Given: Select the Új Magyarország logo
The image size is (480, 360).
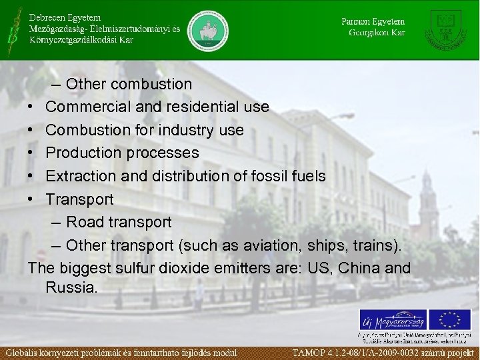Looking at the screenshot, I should [392, 319].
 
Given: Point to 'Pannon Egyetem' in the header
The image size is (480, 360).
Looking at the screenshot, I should [373, 21].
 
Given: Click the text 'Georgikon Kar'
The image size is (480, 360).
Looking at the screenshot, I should [377, 33].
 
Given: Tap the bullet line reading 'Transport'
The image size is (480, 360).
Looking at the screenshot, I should [80, 199].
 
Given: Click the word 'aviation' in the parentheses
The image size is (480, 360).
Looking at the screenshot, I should [272, 245].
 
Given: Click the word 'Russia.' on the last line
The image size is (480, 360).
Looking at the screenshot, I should [72, 288].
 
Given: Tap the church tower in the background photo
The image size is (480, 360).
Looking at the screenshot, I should [428, 200].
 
